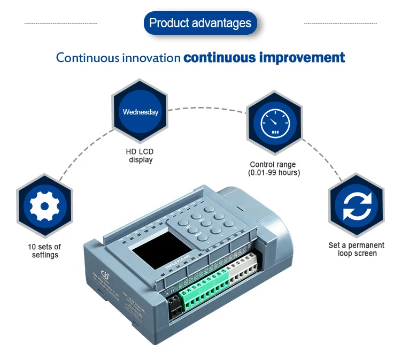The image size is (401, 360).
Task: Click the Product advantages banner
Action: coord(200,24)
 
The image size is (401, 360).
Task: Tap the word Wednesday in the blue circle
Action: coord(141,112)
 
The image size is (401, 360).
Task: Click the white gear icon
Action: coord(44,206)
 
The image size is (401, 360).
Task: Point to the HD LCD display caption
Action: coord(140,156)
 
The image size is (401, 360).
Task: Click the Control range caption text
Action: coord(273,165)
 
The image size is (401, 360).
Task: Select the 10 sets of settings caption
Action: coord(44,251)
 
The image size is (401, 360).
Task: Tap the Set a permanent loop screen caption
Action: coord(356,249)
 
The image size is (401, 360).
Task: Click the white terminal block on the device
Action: coord(242,270)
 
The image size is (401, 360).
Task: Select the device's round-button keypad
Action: coord(206,223)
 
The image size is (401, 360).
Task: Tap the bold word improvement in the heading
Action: coord(302,58)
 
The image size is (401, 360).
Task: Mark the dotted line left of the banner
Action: coord(61,24)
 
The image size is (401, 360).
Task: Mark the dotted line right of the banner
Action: coord(340,24)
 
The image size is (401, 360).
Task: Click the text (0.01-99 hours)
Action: coord(274,173)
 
